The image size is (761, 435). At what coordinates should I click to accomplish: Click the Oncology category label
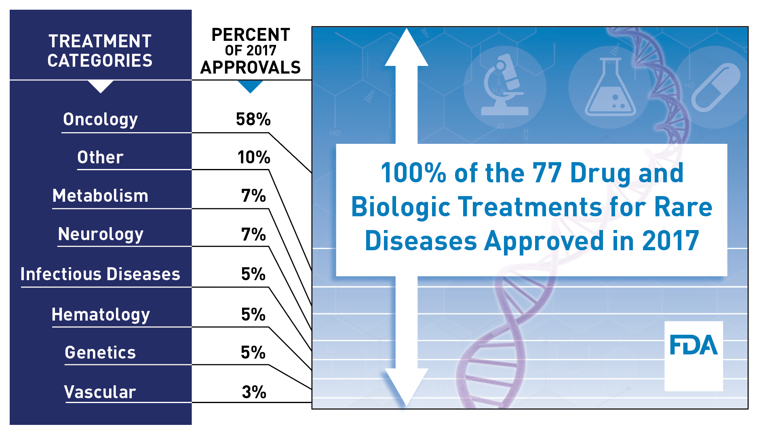[100, 120]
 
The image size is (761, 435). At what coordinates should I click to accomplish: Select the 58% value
[253, 119]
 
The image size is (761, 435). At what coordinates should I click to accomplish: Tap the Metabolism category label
[100, 196]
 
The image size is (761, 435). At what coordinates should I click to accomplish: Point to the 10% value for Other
[253, 157]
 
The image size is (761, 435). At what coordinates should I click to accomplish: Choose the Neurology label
[101, 234]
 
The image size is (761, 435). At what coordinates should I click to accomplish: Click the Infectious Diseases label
[100, 274]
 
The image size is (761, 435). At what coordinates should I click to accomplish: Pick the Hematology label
[101, 315]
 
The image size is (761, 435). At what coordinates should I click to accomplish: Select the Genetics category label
[100, 353]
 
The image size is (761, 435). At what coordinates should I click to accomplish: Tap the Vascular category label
[100, 392]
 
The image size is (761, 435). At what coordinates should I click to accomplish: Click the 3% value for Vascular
[254, 392]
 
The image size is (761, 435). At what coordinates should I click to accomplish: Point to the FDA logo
[694, 345]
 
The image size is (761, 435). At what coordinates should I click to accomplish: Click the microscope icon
[504, 86]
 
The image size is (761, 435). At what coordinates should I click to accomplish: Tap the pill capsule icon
[716, 87]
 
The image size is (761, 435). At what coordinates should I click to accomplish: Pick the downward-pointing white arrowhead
[407, 384]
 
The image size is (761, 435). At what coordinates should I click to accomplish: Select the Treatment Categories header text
[100, 51]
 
